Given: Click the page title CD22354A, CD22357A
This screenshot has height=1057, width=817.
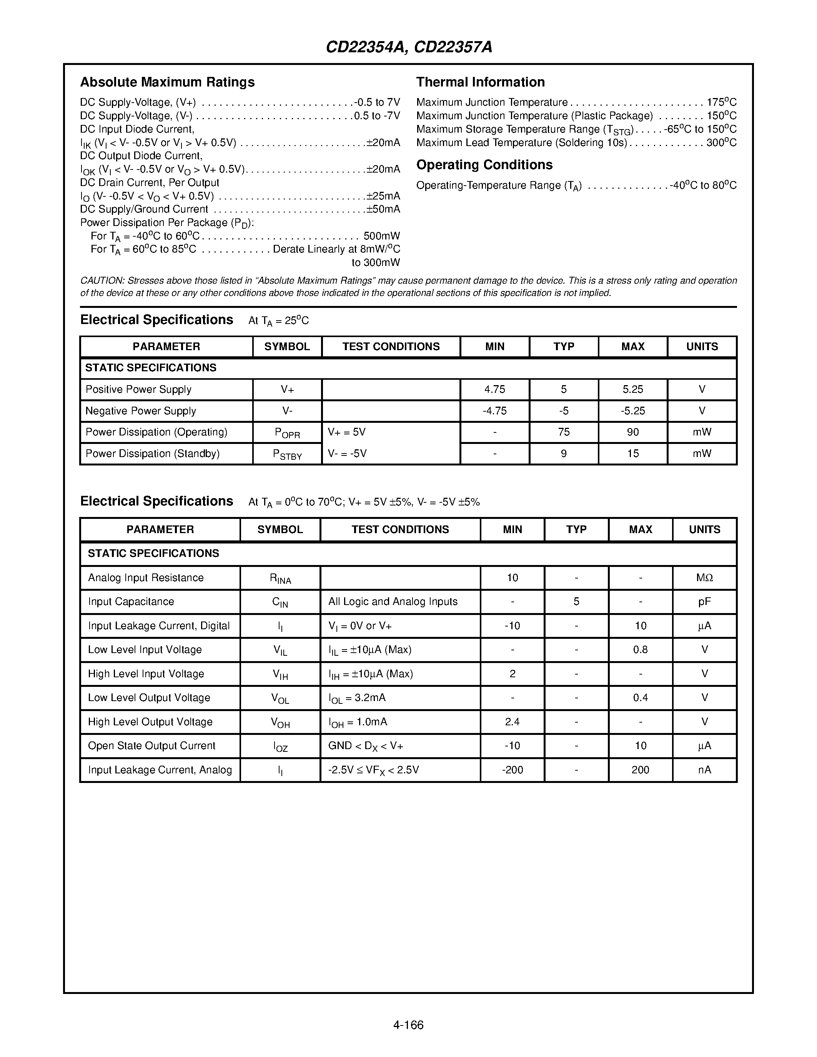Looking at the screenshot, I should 408,47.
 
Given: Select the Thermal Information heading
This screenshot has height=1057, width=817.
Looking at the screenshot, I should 480,82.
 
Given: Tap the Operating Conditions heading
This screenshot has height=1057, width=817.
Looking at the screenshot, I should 484,165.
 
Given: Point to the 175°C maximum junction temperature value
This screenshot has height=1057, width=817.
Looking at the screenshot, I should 721,103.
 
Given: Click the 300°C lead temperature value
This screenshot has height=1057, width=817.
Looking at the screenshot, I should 721,143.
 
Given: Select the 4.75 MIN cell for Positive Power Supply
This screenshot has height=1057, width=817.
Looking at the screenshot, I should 495,390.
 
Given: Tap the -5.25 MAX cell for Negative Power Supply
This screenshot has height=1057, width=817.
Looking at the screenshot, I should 632,411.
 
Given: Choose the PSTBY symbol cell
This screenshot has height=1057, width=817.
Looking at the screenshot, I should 287,454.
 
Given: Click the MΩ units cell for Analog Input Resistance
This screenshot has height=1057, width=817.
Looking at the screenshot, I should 704,578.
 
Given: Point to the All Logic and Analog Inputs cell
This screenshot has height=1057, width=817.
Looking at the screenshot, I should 393,602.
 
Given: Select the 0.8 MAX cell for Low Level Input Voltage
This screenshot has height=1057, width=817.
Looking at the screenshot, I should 641,650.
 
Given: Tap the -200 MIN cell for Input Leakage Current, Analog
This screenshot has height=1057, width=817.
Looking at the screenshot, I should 512,770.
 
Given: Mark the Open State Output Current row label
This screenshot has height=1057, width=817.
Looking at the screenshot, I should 151,746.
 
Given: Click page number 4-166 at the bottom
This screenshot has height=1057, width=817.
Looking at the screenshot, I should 408,1025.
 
